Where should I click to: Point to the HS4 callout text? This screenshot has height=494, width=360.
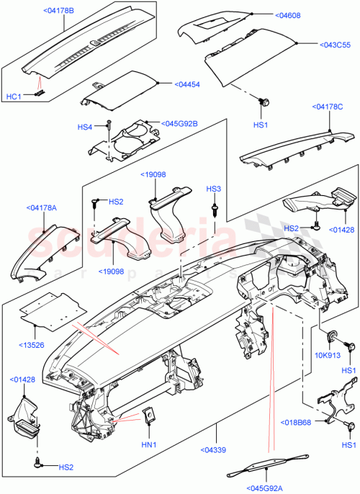[85, 127]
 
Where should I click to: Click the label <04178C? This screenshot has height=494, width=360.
[330, 107]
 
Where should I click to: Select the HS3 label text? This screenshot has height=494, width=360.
[214, 189]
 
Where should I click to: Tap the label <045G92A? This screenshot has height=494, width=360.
[266, 488]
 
